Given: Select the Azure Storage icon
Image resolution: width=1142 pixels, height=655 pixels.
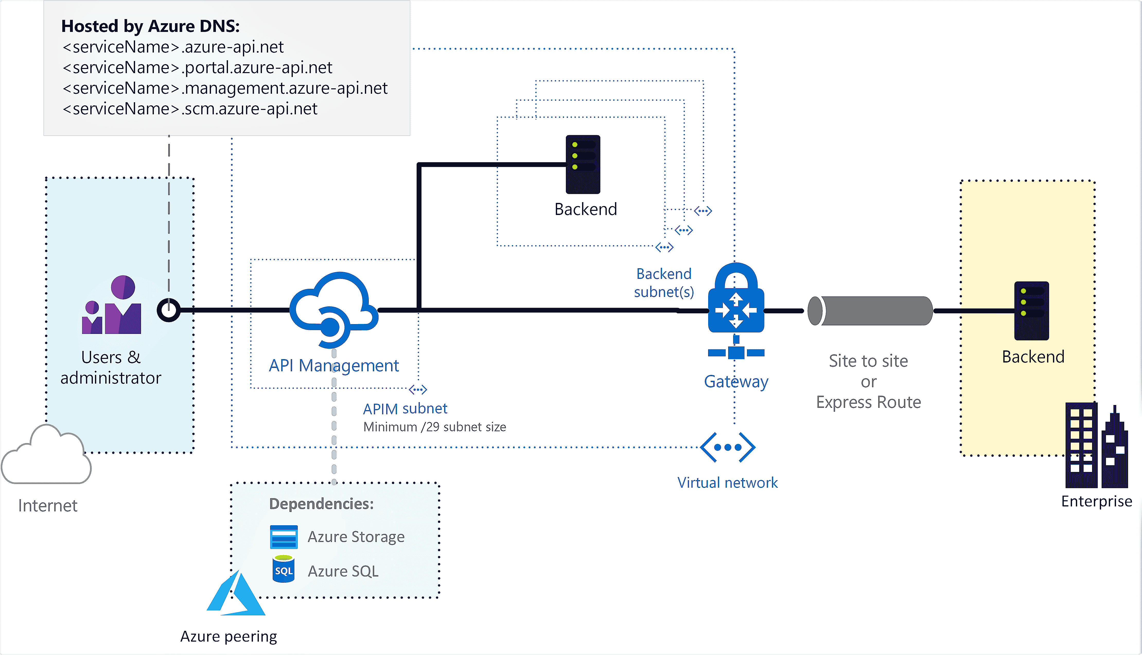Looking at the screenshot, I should point(284,537).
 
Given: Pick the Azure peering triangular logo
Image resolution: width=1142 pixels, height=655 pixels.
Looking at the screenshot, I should point(236,594).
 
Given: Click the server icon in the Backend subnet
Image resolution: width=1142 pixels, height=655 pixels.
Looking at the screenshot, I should point(583,164).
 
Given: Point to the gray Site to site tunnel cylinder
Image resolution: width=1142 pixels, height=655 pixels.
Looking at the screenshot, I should point(870,311).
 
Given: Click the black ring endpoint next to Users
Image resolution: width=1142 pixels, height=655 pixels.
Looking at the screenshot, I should point(169,310).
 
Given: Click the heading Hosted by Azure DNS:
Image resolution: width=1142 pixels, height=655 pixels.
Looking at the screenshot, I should point(150,26).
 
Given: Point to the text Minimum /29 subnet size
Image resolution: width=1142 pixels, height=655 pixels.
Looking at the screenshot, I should point(434,427).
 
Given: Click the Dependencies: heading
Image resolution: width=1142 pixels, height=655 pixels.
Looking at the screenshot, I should point(321,504).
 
